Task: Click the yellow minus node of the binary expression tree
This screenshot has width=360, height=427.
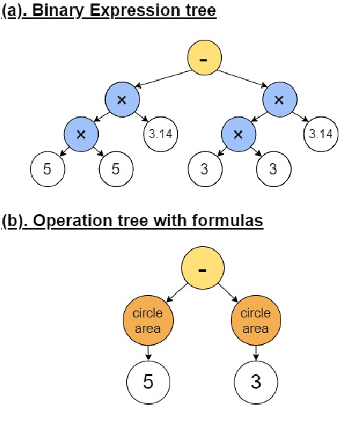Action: (x=202, y=61)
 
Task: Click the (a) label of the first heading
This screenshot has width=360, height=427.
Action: (x=15, y=12)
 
